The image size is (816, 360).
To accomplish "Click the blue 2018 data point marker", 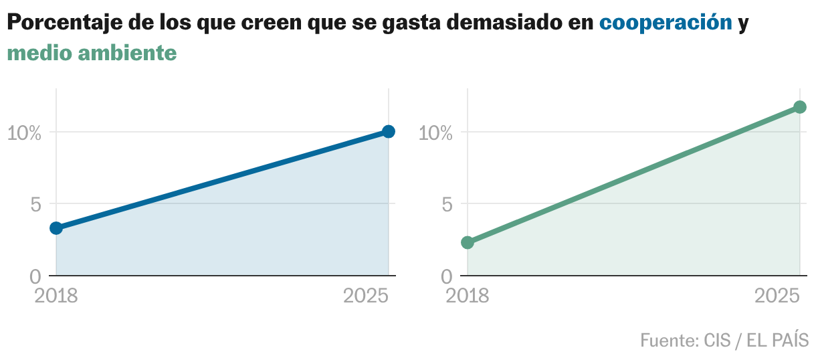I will pos(56,228).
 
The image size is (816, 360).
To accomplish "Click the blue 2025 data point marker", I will pos(389,131).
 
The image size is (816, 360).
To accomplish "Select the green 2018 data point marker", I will pos(468,242).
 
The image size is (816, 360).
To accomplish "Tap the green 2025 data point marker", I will pos(800,107).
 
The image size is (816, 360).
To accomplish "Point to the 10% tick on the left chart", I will pos(24,132).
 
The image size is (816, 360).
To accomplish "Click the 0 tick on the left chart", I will pos(35,276).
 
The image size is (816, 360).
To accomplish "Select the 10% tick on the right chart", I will pos(435,132).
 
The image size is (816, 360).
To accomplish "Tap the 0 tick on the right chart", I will pos(447,276).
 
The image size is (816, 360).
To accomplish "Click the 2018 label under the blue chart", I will pos(56,296).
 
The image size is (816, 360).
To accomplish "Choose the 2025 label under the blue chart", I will pos(366,296).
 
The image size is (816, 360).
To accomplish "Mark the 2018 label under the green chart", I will pos(468,296).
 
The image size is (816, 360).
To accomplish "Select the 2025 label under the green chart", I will pos(777,296).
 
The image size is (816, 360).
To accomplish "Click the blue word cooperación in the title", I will pos(666,23).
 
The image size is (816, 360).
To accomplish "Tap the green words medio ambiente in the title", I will pos(92,53).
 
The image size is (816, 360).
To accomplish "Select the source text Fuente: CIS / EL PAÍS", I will pos(724,340).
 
